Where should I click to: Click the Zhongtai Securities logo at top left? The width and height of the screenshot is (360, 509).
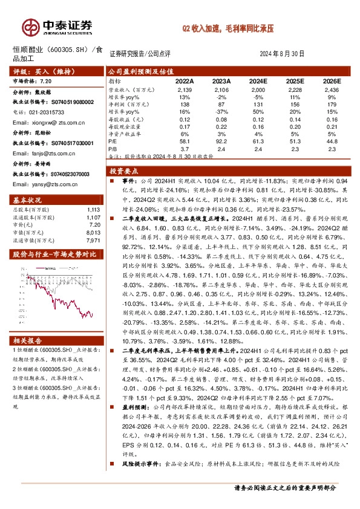pyautogui.click(x=58, y=26)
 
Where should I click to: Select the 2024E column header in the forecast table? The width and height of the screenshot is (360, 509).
pyautogui.click(x=258, y=80)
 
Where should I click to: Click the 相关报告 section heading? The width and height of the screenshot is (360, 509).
pyautogui.click(x=27, y=340)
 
